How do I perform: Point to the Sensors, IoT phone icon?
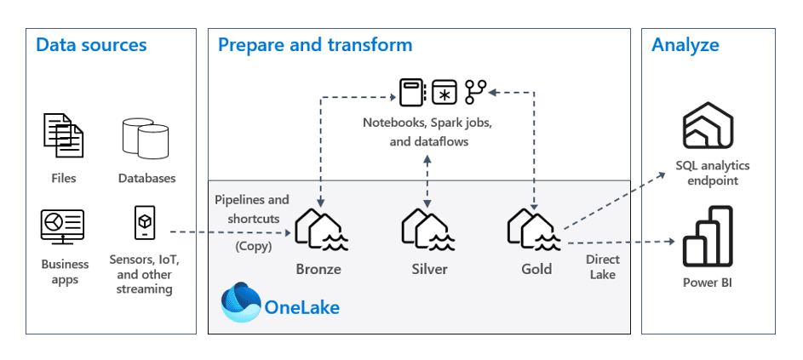coord(145,223)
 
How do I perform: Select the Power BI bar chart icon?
coord(707,241)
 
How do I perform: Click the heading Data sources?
coord(91,45)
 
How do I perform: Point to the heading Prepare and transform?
coord(315,45)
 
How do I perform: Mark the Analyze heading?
coord(685,45)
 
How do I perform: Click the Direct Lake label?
coord(603,266)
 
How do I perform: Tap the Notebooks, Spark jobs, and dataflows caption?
coord(427,132)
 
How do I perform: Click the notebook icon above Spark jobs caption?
coord(412,91)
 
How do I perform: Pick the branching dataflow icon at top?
coord(475,90)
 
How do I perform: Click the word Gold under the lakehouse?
coord(536,269)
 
